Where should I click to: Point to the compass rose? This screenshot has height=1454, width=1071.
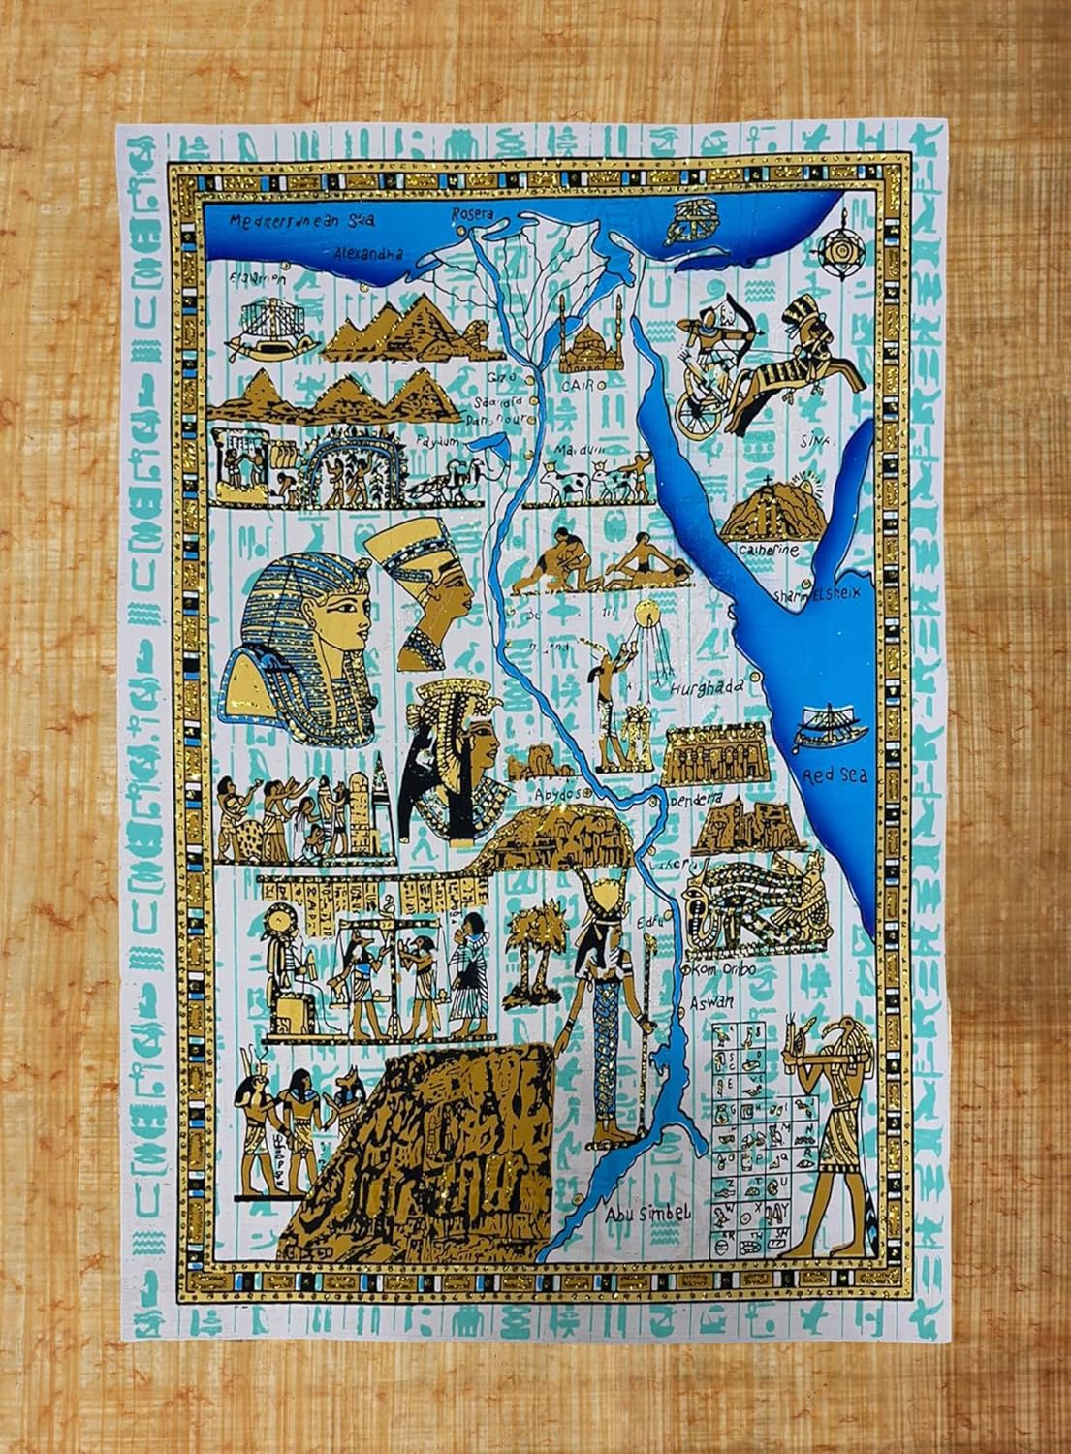click(835, 247)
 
